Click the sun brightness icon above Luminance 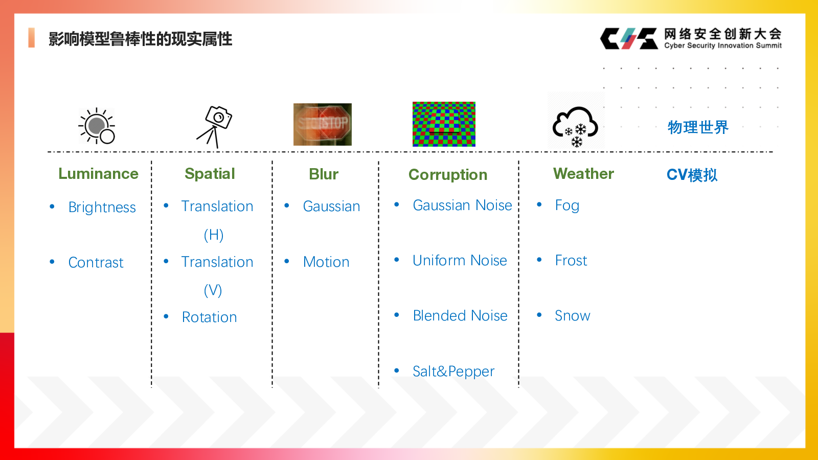pos(97,126)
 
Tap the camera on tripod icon pos(214,127)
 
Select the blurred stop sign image pos(323,125)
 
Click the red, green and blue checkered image pos(444,124)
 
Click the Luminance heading pos(99,174)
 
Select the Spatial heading pos(210,174)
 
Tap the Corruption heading pos(448,175)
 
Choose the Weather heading pos(583,174)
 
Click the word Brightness pos(102,208)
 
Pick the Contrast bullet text pos(96,263)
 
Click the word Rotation pos(209,317)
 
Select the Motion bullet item pos(326,262)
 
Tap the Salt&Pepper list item pos(453,371)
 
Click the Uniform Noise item pos(460,260)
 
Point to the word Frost pos(571,260)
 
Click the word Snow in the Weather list pos(572,315)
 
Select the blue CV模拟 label pos(692,175)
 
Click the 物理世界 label pos(698,127)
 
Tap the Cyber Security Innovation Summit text pos(723,45)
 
